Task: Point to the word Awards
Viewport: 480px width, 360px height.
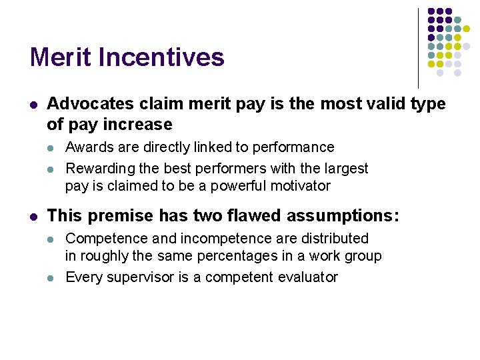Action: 89,147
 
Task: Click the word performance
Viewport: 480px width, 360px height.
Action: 295,147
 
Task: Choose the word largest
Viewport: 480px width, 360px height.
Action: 343,168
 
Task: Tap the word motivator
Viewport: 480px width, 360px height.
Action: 297,185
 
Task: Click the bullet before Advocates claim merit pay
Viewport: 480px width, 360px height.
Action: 33,105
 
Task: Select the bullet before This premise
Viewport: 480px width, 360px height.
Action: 33,216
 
